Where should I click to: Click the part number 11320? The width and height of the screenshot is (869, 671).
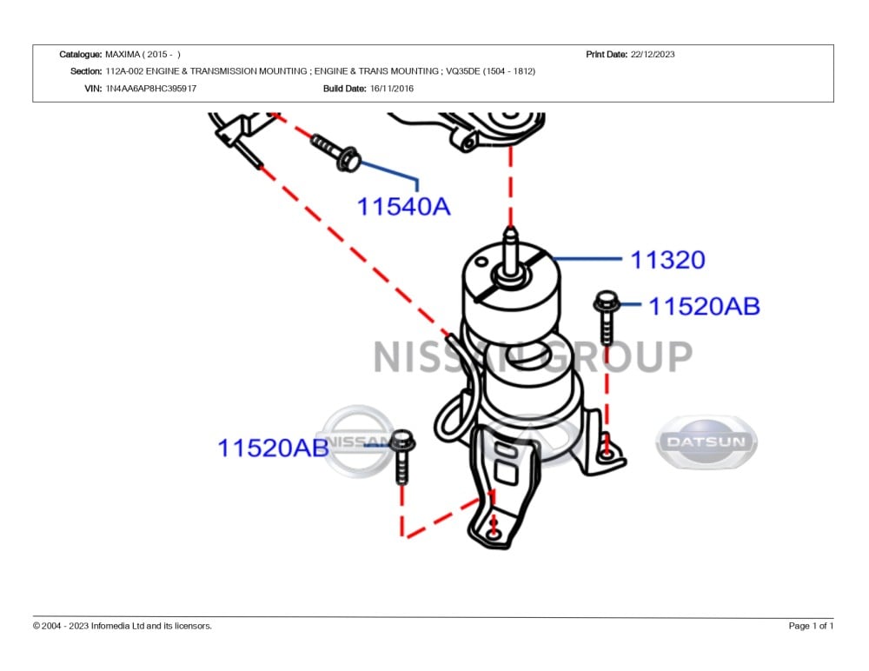tap(667, 260)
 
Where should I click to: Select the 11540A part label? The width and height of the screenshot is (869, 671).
tap(404, 207)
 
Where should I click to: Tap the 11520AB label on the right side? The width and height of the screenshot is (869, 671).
tap(705, 306)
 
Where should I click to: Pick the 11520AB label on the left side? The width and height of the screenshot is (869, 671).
tap(273, 448)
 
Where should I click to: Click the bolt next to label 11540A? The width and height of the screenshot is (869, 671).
tap(336, 151)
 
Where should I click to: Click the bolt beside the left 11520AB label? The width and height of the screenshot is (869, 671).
tap(401, 455)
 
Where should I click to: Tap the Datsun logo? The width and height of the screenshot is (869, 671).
tap(706, 442)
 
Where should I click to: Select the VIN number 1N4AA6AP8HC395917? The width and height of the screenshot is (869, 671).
tap(150, 89)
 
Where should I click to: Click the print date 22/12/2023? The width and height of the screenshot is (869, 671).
tap(653, 54)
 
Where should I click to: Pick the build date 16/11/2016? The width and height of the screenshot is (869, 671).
tap(391, 89)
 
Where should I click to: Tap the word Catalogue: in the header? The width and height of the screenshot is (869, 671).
tap(80, 54)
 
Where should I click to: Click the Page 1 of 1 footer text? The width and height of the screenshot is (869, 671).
tap(811, 626)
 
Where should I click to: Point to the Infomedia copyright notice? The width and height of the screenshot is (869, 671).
tap(123, 626)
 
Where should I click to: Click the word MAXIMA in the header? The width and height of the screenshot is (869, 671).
tap(123, 54)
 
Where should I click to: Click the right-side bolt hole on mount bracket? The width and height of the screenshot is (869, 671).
tap(608, 453)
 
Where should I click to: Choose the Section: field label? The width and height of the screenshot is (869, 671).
tap(86, 71)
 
